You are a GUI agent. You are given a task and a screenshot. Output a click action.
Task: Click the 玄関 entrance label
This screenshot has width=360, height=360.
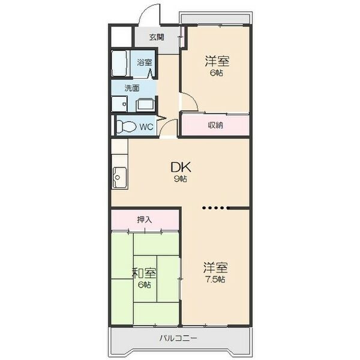click(x=157, y=37)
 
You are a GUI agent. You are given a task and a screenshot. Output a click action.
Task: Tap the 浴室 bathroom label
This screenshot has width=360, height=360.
click(x=144, y=62)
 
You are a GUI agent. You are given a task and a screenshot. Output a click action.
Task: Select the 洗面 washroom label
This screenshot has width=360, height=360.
click(x=132, y=88)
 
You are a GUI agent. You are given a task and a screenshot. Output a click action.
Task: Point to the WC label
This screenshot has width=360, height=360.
click(x=146, y=127)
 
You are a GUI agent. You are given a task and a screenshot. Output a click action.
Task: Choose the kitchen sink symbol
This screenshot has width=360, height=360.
click(x=118, y=177)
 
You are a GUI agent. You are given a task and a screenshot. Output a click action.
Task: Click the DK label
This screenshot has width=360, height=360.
click(x=181, y=167)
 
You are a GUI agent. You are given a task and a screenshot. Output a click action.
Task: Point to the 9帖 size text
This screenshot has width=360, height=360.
click(x=181, y=179)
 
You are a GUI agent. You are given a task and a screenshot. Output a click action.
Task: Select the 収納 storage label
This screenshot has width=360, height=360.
click(x=216, y=125)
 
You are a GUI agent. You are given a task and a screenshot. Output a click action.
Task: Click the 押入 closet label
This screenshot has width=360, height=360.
click(x=145, y=219)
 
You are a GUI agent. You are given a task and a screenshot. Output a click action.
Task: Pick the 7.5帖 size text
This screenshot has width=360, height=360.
click(x=215, y=280)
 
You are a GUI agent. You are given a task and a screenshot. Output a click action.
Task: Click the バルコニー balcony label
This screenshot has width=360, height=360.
click(x=179, y=338)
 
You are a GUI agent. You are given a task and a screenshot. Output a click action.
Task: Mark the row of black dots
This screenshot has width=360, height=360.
click(x=216, y=209)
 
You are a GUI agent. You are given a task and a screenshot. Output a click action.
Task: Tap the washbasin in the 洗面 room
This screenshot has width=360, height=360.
click(x=146, y=104)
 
